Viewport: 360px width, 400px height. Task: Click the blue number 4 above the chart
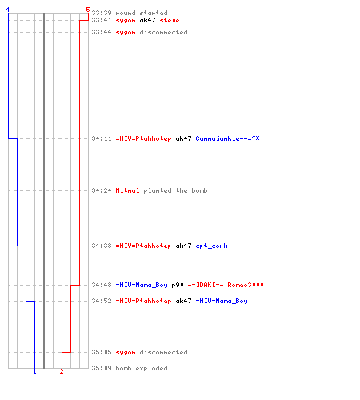click(x=8, y=10)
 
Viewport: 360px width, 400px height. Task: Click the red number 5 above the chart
click(x=88, y=10)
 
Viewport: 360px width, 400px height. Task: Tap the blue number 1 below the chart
click(x=34, y=371)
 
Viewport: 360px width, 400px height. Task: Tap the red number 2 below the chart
click(x=62, y=371)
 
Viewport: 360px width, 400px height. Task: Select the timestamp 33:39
click(x=102, y=13)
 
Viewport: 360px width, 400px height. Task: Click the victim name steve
click(x=170, y=20)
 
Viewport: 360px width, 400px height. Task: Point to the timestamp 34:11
click(x=102, y=138)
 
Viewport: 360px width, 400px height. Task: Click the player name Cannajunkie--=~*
click(x=227, y=138)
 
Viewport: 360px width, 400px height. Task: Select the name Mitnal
click(x=127, y=190)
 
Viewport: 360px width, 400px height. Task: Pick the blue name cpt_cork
click(x=211, y=246)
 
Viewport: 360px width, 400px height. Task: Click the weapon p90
click(x=178, y=285)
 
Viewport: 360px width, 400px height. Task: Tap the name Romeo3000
click(x=246, y=285)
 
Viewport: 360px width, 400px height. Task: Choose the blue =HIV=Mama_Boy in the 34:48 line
click(x=142, y=285)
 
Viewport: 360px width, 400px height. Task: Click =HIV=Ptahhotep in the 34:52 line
click(x=143, y=301)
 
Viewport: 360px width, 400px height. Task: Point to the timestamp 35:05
click(x=102, y=352)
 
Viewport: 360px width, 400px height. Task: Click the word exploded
click(x=151, y=368)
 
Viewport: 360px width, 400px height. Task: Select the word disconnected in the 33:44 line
click(x=163, y=32)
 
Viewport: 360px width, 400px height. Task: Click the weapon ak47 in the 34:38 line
click(x=183, y=246)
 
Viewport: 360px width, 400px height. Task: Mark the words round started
click(x=142, y=13)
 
